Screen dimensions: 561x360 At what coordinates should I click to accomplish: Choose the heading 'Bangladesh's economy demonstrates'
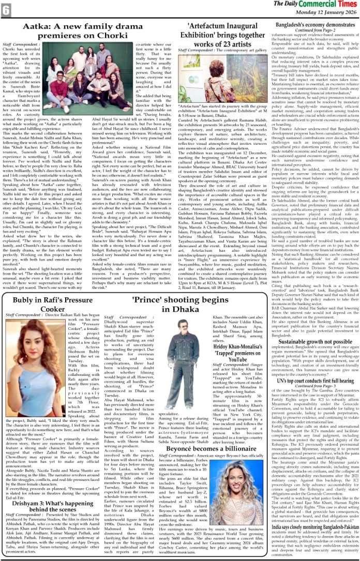pyautogui.click(x=315, y=24)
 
